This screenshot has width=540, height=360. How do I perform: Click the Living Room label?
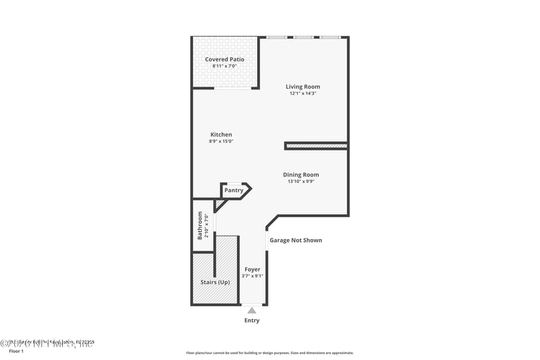(x=302, y=86)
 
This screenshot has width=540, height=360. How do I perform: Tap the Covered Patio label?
(x=225, y=59)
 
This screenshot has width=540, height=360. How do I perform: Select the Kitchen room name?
(x=221, y=134)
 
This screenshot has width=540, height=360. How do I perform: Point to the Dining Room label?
(x=301, y=174)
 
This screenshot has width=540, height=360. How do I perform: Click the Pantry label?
(x=234, y=190)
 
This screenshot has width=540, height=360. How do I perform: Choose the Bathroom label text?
(x=200, y=226)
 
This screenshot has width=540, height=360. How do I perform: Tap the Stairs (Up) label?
(x=215, y=282)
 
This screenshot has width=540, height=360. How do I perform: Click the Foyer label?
(x=252, y=269)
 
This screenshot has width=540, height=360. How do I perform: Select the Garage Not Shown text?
(x=296, y=240)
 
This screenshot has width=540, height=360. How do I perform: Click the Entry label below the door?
(x=252, y=320)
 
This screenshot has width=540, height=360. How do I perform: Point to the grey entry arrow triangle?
(x=252, y=310)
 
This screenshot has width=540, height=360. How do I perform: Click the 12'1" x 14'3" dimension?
(x=302, y=93)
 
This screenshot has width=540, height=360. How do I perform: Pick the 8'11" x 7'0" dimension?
(x=225, y=66)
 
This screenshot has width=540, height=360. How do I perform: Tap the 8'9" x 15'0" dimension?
(x=221, y=141)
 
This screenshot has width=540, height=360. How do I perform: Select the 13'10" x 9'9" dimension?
(x=301, y=181)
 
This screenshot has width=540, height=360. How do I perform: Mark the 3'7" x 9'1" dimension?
(x=252, y=276)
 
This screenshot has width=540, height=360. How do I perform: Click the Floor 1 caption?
(x=16, y=351)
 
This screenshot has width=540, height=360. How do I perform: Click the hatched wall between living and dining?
(x=316, y=145)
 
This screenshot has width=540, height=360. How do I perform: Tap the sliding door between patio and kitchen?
(x=234, y=88)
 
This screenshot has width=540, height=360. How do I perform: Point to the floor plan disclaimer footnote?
(x=270, y=353)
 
